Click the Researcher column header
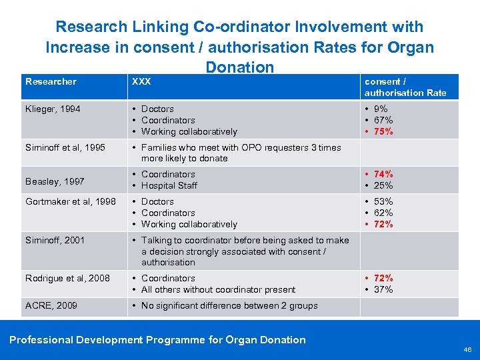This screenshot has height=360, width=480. click(51, 81)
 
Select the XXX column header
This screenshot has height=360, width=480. click(141, 81)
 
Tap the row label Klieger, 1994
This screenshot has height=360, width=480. click(53, 109)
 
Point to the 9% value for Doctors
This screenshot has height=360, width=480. click(382, 109)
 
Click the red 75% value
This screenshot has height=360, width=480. click(384, 131)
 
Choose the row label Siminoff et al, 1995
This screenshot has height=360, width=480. click(65, 147)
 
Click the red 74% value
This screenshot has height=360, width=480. click(384, 174)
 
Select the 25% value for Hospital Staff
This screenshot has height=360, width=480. click(384, 185)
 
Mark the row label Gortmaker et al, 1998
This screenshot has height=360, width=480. click(71, 201)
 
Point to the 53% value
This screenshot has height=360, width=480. click(384, 201)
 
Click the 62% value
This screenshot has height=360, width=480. click(384, 213)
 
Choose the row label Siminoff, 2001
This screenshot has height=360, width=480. click(55, 240)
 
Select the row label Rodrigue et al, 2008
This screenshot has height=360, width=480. click(67, 278)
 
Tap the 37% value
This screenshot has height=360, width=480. click(384, 289)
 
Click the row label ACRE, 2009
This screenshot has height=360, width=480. click(51, 305)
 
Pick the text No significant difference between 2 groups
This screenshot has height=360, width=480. click(229, 305)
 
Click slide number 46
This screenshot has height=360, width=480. click(467, 349)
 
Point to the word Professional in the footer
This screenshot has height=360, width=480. click(41, 339)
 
